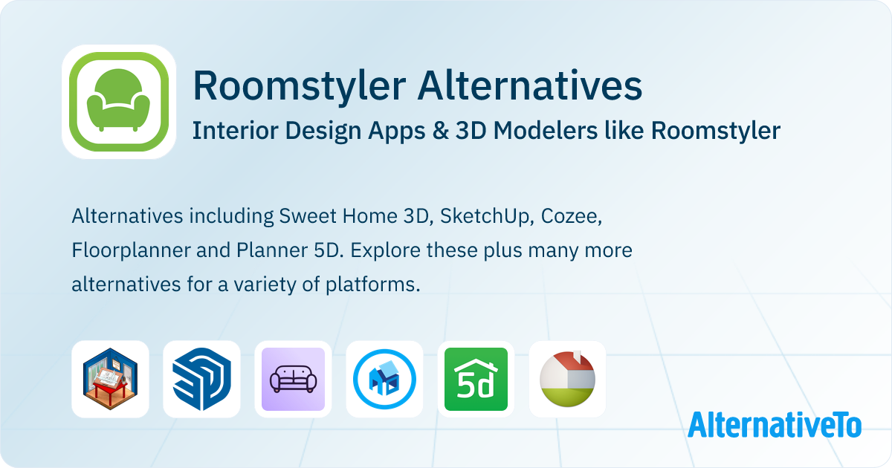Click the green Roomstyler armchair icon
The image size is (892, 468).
click(x=119, y=102)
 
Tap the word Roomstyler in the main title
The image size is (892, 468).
click(x=300, y=86)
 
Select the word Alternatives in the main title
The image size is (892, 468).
click(x=529, y=85)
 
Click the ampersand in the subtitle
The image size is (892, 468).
click(x=440, y=131)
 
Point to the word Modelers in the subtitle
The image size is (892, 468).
click(x=545, y=131)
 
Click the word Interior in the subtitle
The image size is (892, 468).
click(x=235, y=131)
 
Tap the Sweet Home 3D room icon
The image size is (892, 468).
click(x=110, y=379)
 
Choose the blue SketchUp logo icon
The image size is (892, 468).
click(x=201, y=379)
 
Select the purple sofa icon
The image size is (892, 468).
click(x=293, y=379)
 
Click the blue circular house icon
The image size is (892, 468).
click(x=385, y=379)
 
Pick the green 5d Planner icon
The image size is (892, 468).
click(x=476, y=379)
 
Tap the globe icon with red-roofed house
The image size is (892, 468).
click(x=567, y=379)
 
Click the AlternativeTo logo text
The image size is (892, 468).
click(x=775, y=425)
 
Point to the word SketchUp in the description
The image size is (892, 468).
click(x=485, y=216)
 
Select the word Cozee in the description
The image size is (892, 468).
click(x=571, y=216)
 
